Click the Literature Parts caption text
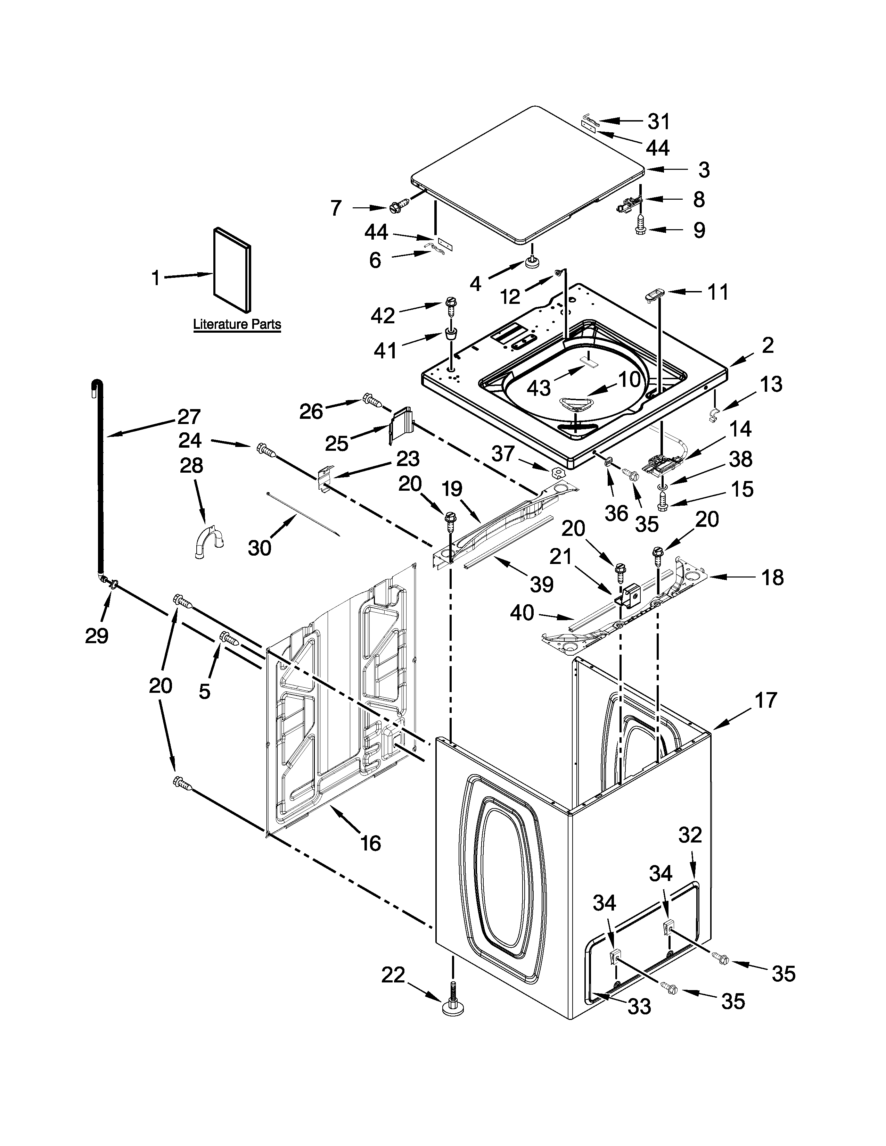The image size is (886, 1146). pyautogui.click(x=237, y=324)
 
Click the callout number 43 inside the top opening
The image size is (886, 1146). pyautogui.click(x=538, y=388)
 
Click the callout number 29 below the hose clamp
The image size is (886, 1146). pyautogui.click(x=97, y=636)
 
